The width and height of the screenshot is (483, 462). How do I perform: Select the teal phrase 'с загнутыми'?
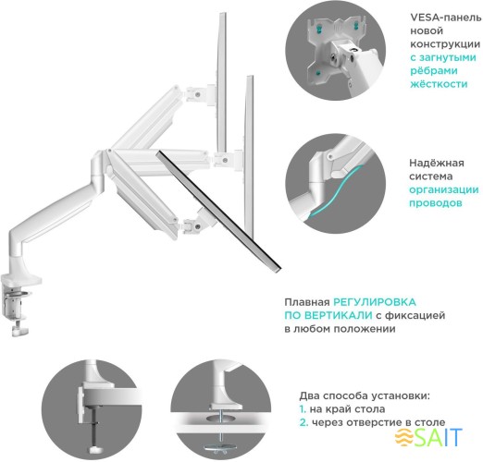pos(440,55)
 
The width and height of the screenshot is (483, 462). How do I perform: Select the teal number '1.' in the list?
pos(303,408)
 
